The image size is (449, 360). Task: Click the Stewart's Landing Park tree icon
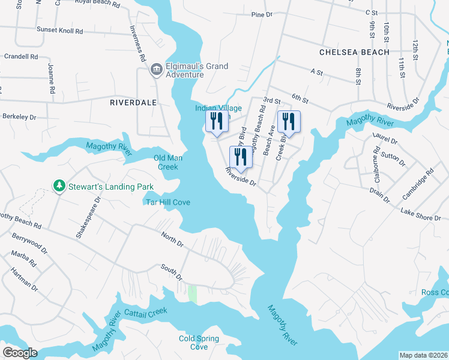(59, 187)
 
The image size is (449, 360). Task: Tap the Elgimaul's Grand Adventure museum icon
(156, 70)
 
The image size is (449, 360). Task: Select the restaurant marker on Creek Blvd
(289, 122)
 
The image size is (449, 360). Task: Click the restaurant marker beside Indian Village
(217, 121)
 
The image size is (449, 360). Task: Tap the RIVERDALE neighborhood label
(133, 103)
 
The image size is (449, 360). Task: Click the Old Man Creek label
(168, 162)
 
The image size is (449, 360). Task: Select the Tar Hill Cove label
(168, 202)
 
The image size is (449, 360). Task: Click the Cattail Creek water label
(145, 312)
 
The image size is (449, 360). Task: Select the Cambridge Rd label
(418, 184)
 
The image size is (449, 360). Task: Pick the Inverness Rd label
(137, 44)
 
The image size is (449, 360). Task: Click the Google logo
(19, 353)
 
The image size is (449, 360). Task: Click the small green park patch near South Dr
(193, 293)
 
